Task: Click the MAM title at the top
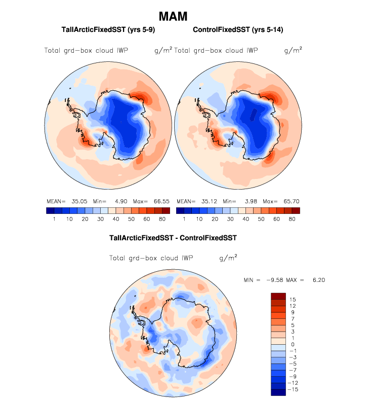point(173,17)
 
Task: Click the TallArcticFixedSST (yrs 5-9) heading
point(107,30)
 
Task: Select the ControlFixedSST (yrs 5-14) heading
point(238,30)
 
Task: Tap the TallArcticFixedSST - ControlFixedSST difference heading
point(173,237)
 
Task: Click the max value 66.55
point(155,201)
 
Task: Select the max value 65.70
point(284,201)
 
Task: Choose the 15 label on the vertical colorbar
point(293,300)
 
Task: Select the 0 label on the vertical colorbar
point(293,345)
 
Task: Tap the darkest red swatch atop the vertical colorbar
point(279,296)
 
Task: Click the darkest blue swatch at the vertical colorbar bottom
point(279,392)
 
